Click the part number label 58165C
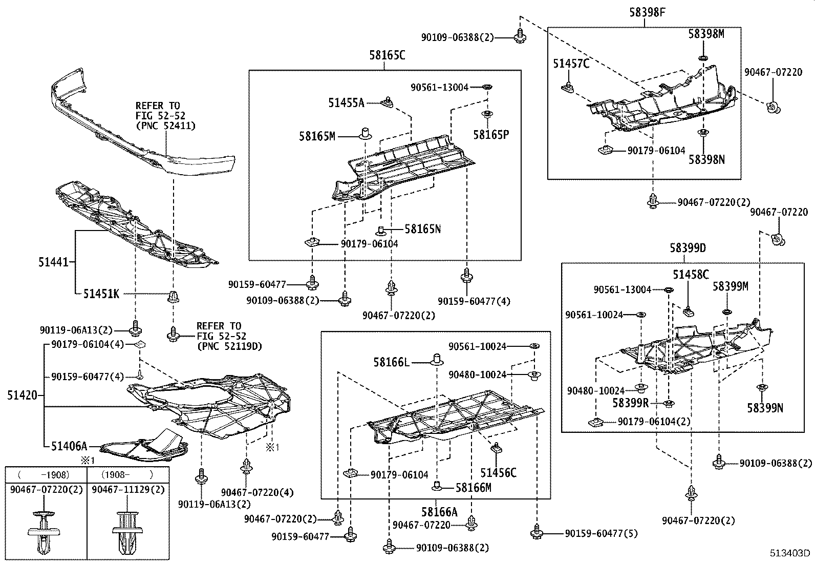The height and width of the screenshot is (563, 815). [387, 55]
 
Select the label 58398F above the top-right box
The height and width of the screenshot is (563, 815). [648, 12]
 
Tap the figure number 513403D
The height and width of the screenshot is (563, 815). [791, 553]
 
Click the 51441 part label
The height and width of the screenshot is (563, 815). [53, 262]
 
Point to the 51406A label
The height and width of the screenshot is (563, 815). [69, 446]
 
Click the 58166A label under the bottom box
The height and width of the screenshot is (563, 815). [439, 511]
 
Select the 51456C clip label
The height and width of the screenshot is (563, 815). [498, 472]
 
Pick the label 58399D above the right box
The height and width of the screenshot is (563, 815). [688, 248]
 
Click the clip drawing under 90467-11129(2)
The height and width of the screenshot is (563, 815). [127, 530]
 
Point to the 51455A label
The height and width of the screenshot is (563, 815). [346, 103]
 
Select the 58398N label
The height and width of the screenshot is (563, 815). [706, 159]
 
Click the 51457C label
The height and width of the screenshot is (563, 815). [571, 64]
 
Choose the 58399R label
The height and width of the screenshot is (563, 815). [631, 403]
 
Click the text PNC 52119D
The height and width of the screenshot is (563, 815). [229, 346]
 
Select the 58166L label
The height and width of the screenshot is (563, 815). [391, 362]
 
